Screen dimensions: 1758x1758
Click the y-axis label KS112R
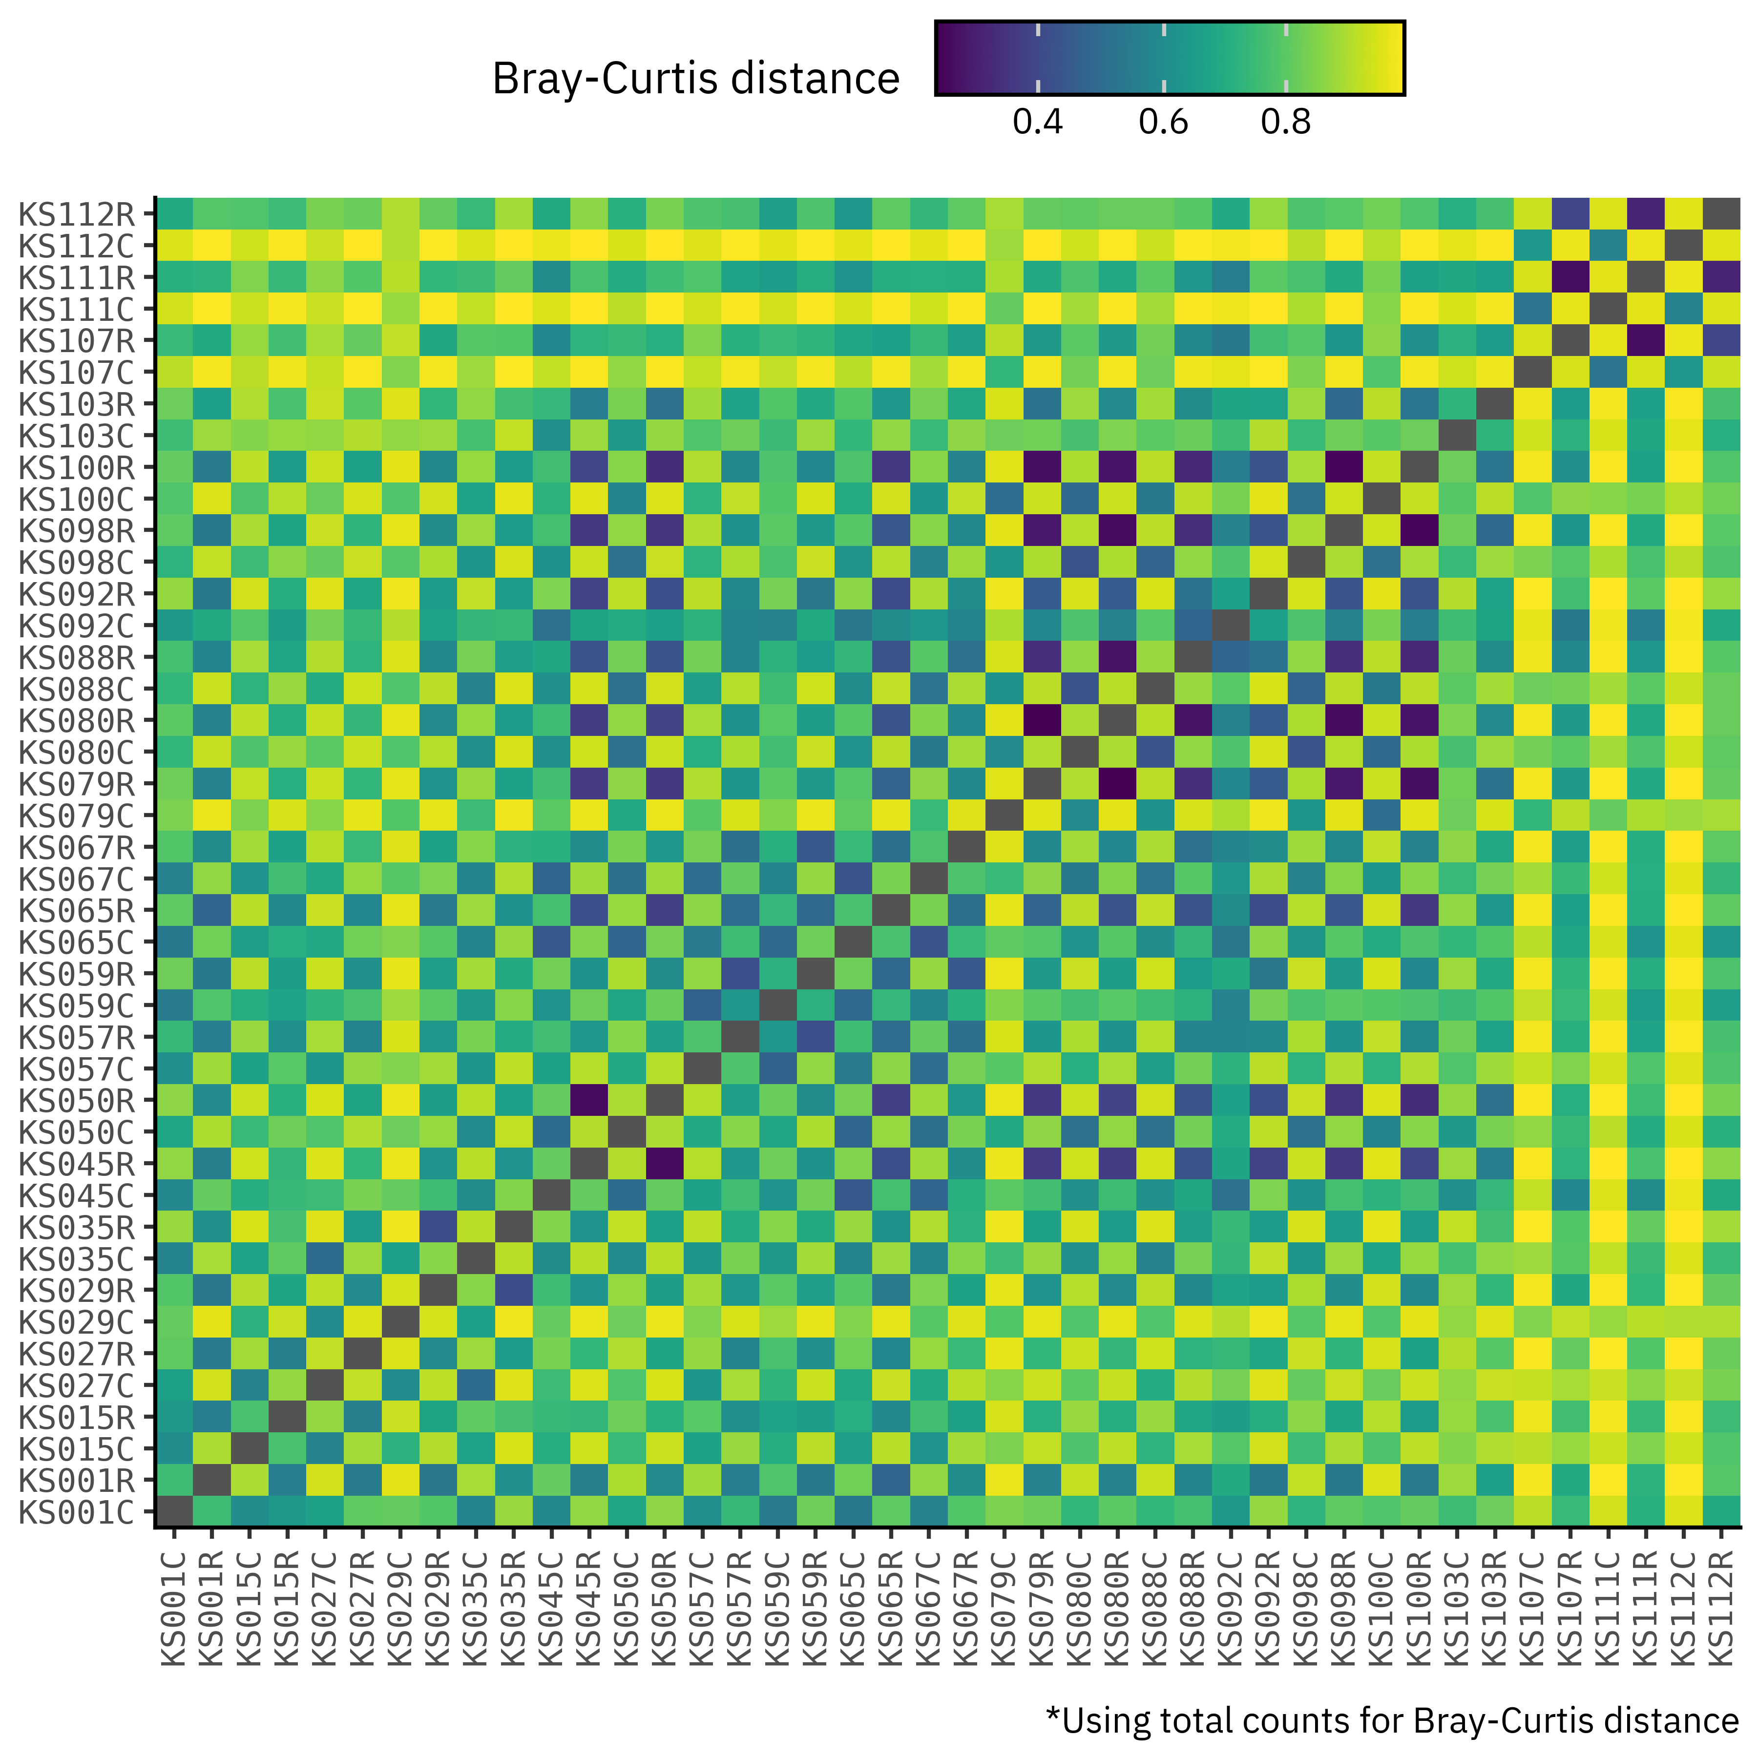pos(77,215)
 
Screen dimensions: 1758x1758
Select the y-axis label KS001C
pos(77,1512)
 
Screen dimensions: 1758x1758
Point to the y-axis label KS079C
pos(77,816)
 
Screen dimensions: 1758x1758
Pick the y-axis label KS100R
pos(77,468)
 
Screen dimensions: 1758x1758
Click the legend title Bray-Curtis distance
pos(695,79)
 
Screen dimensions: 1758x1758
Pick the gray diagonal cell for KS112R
pos(1721,215)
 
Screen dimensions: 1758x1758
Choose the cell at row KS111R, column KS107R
pos(1570,277)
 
